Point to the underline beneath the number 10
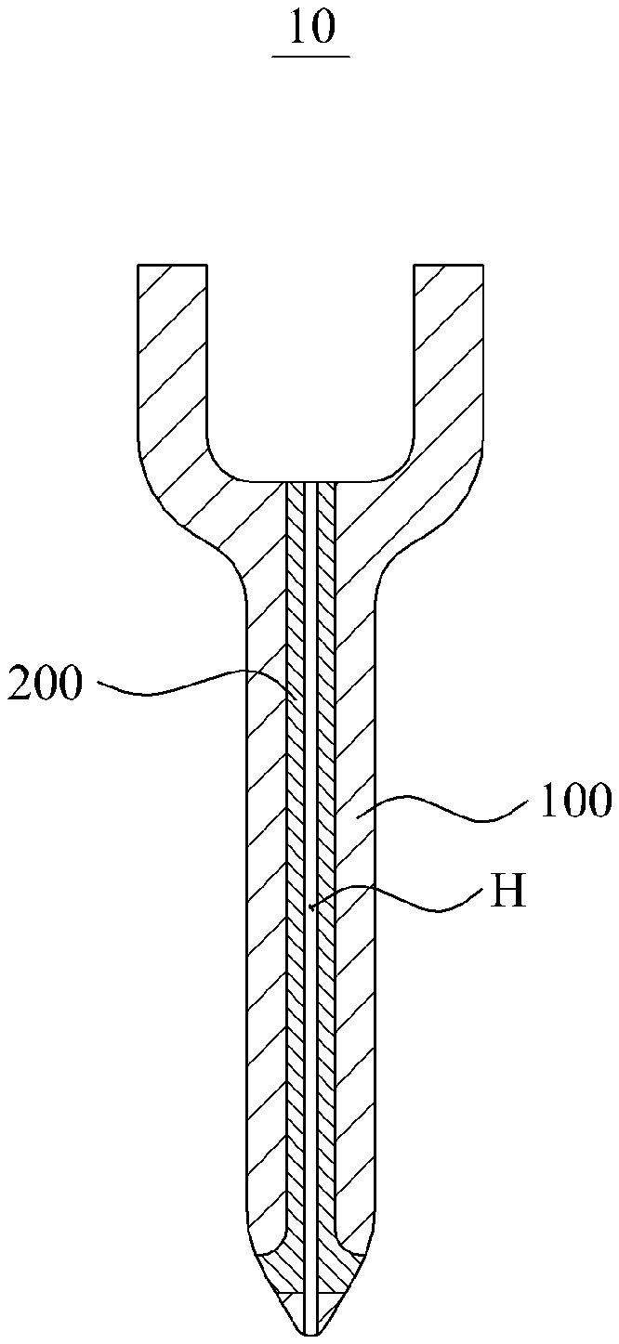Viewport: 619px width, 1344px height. (310, 57)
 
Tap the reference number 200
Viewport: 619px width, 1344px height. (46, 686)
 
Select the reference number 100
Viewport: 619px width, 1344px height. (573, 801)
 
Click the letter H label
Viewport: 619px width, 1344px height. (510, 894)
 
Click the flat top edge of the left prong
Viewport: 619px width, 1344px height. (172, 267)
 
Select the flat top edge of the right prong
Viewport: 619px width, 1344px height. (448, 267)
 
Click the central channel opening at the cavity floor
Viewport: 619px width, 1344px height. (310, 483)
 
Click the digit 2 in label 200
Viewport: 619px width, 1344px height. (21, 686)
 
